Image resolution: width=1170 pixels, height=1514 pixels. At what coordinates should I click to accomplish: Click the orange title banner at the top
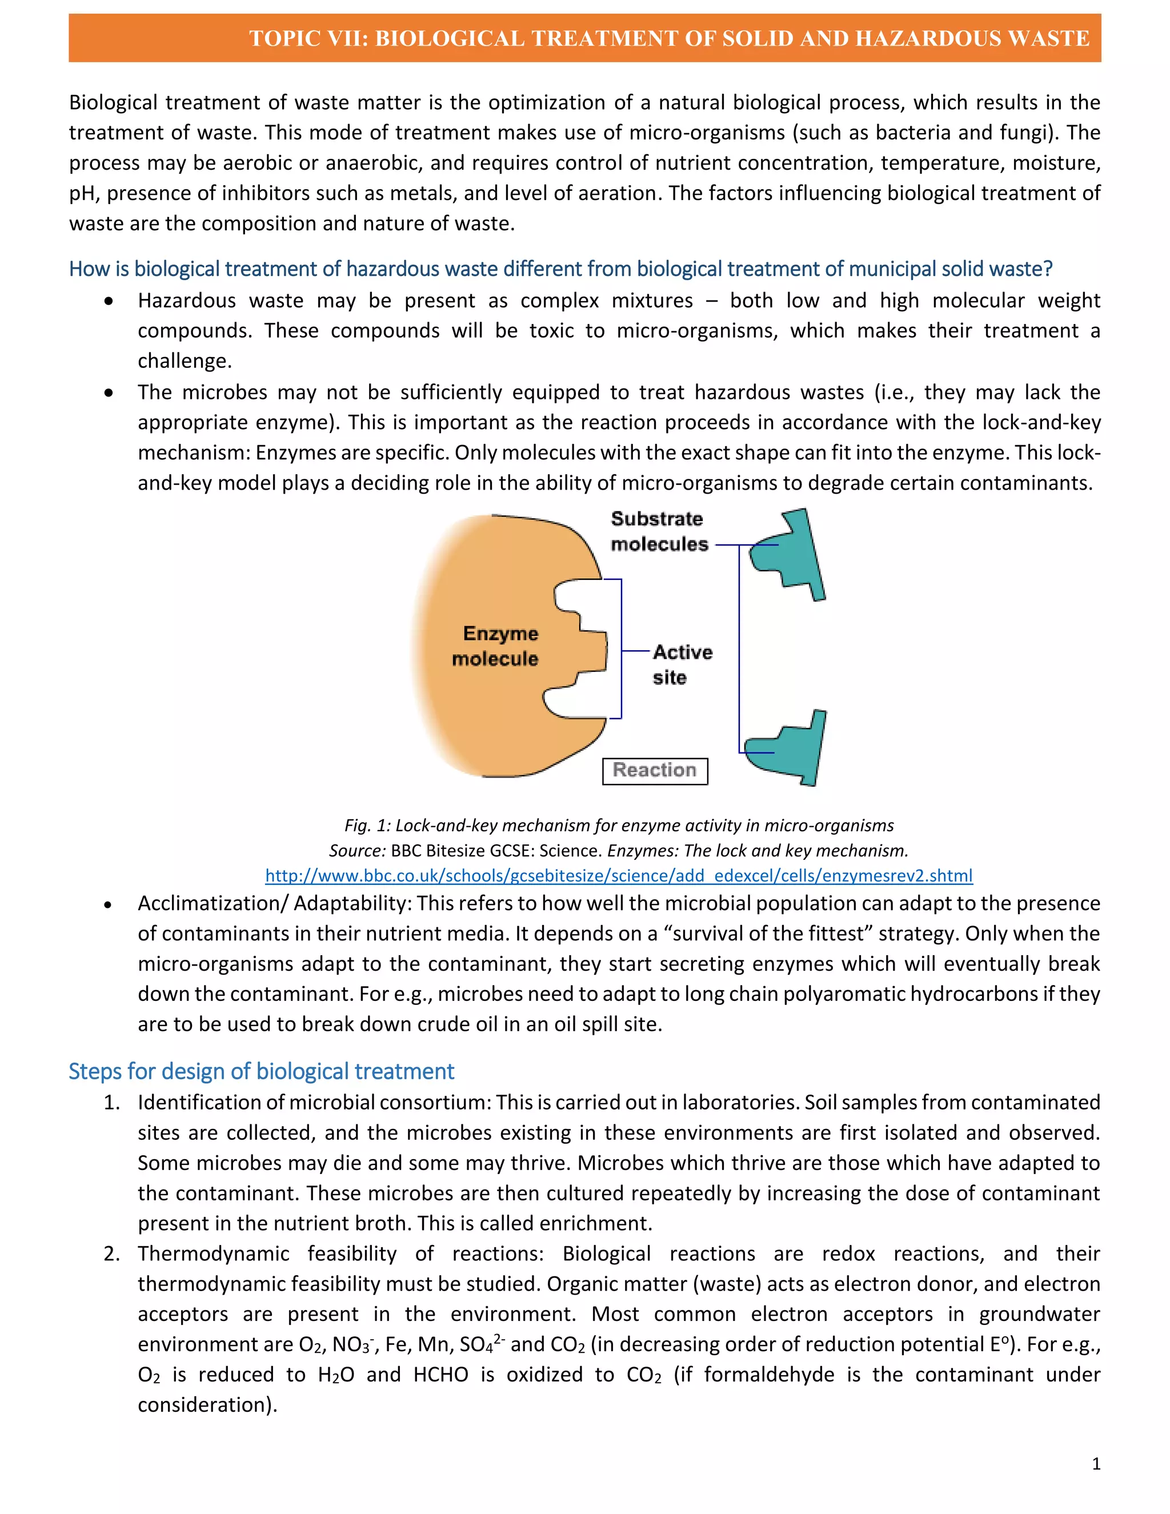[584, 38]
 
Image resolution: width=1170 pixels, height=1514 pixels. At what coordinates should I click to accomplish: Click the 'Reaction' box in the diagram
[654, 770]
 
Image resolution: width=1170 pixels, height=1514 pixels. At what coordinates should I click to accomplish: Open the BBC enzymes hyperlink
[618, 875]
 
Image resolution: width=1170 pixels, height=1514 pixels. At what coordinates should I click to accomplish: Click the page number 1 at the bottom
[1096, 1463]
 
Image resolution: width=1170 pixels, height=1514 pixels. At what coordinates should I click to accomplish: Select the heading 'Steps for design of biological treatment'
[261, 1071]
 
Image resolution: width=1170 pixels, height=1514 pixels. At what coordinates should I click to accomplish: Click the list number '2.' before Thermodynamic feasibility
[111, 1253]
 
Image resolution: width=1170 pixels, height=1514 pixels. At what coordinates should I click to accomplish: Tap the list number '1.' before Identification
[111, 1102]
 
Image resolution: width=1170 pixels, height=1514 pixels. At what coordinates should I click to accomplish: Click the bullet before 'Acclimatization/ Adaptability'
[108, 904]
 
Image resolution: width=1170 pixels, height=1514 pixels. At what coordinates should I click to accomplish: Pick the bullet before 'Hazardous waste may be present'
[108, 301]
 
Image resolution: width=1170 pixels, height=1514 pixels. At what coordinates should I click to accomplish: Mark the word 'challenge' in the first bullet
[182, 361]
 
